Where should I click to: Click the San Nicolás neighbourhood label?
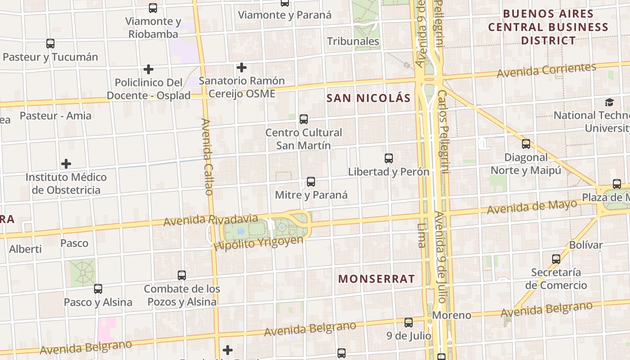(369, 98)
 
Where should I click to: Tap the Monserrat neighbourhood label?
(376, 279)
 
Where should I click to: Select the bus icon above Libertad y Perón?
(389, 158)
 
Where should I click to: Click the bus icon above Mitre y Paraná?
(310, 182)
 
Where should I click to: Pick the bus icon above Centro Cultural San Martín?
(304, 119)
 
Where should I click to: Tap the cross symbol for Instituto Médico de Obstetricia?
(66, 163)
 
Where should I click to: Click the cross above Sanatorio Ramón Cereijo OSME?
(242, 67)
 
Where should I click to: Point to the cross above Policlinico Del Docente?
(148, 69)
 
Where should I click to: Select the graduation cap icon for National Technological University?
(609, 103)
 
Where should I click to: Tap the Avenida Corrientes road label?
(546, 70)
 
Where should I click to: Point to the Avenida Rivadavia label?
(211, 220)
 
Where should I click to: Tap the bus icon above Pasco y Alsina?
(98, 289)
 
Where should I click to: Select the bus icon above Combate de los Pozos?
(182, 275)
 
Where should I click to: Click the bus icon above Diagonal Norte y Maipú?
(526, 144)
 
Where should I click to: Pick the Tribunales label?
(353, 41)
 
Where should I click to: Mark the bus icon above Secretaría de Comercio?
(556, 259)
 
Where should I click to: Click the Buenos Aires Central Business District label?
(548, 27)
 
